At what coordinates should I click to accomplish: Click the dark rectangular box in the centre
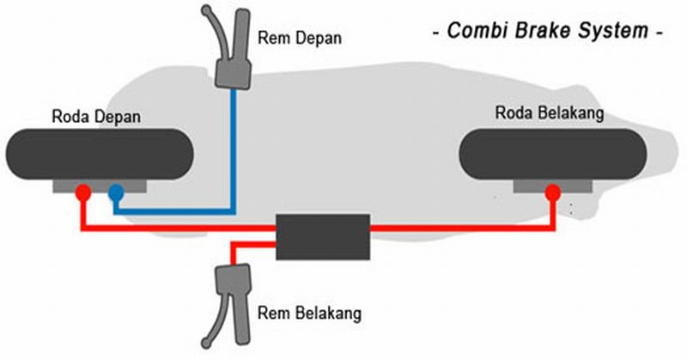point(322,236)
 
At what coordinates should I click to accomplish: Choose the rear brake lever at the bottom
point(230,296)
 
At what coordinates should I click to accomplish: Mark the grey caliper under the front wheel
point(99,185)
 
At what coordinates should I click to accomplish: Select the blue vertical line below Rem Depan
point(233,146)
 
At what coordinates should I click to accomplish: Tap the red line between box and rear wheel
point(464,228)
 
